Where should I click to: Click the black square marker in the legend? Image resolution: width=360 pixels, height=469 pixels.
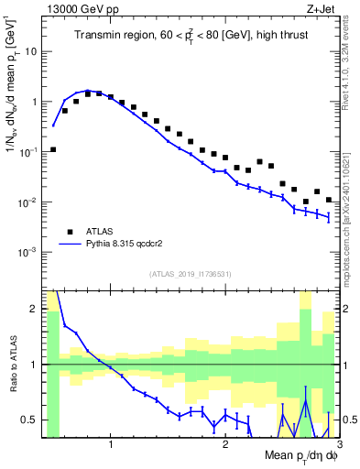[x=69, y=231]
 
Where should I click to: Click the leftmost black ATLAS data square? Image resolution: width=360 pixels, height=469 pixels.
[x=53, y=149]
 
